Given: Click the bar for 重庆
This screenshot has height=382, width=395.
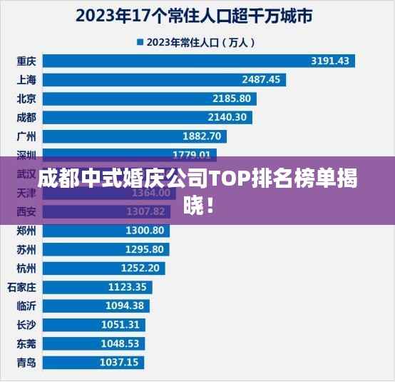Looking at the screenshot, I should pyautogui.click(x=200, y=61).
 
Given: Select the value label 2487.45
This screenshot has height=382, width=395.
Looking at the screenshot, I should pyautogui.click(x=261, y=79).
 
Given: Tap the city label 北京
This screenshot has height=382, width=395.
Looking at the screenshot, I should pyautogui.click(x=26, y=98).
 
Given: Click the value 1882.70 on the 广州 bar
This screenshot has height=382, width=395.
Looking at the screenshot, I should pyautogui.click(x=202, y=136).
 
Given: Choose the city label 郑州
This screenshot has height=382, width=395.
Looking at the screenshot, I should pyautogui.click(x=26, y=230).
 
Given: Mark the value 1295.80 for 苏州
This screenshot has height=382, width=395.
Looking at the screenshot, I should pyautogui.click(x=144, y=249).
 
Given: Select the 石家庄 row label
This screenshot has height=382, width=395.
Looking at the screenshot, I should pyautogui.click(x=21, y=286).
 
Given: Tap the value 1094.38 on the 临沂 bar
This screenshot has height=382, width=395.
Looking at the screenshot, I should pyautogui.click(x=125, y=306).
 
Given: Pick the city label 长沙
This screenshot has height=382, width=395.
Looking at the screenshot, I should pyautogui.click(x=26, y=324).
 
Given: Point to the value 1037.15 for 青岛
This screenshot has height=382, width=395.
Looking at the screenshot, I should pyautogui.click(x=119, y=362).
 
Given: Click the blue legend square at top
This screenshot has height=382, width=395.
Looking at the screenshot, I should pyautogui.click(x=140, y=42).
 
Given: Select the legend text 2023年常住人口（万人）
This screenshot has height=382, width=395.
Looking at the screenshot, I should pyautogui.click(x=200, y=42).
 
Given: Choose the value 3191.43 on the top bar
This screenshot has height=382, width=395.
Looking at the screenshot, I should pyautogui.click(x=330, y=61).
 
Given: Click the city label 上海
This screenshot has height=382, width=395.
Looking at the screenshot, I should pyautogui.click(x=26, y=79).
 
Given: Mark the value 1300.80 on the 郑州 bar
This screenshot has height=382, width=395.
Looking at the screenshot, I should pyautogui.click(x=145, y=230).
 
